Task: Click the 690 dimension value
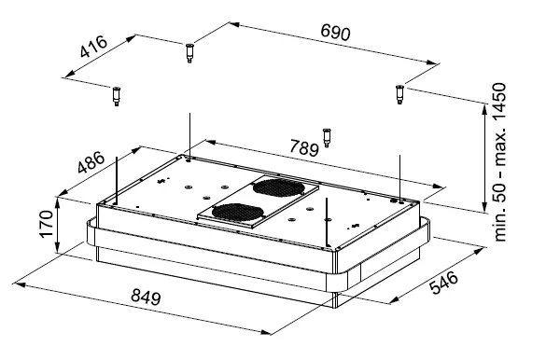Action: pos(335,32)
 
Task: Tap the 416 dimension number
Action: pos(93,47)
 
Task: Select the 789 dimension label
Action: pos(303,147)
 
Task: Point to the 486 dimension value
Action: pos(91,162)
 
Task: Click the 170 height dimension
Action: pos(47,224)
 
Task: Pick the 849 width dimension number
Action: pos(146,297)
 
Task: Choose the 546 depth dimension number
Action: pos(443,283)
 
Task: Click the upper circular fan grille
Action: pos(278,188)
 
